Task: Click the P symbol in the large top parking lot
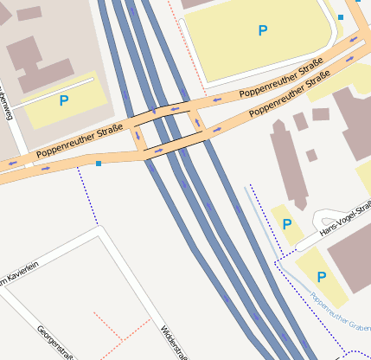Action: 263,31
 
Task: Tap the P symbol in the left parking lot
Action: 64,101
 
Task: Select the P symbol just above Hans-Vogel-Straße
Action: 286,224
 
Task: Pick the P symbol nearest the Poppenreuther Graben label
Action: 321,277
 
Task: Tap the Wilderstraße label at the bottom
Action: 173,341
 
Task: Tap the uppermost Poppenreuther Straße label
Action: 280,79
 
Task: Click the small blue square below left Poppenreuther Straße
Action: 99,163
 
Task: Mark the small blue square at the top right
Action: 341,17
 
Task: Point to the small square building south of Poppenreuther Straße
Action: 311,156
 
